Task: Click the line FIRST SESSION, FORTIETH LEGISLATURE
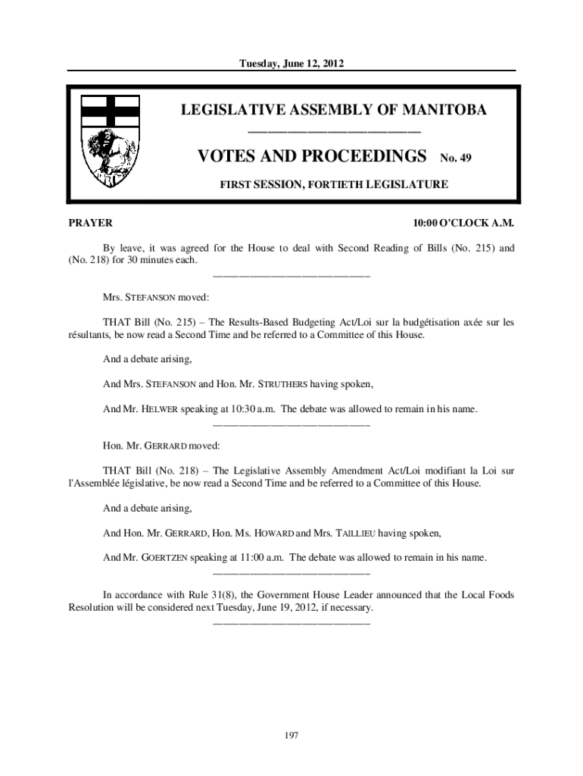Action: click(333, 183)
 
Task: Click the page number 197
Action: click(291, 735)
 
